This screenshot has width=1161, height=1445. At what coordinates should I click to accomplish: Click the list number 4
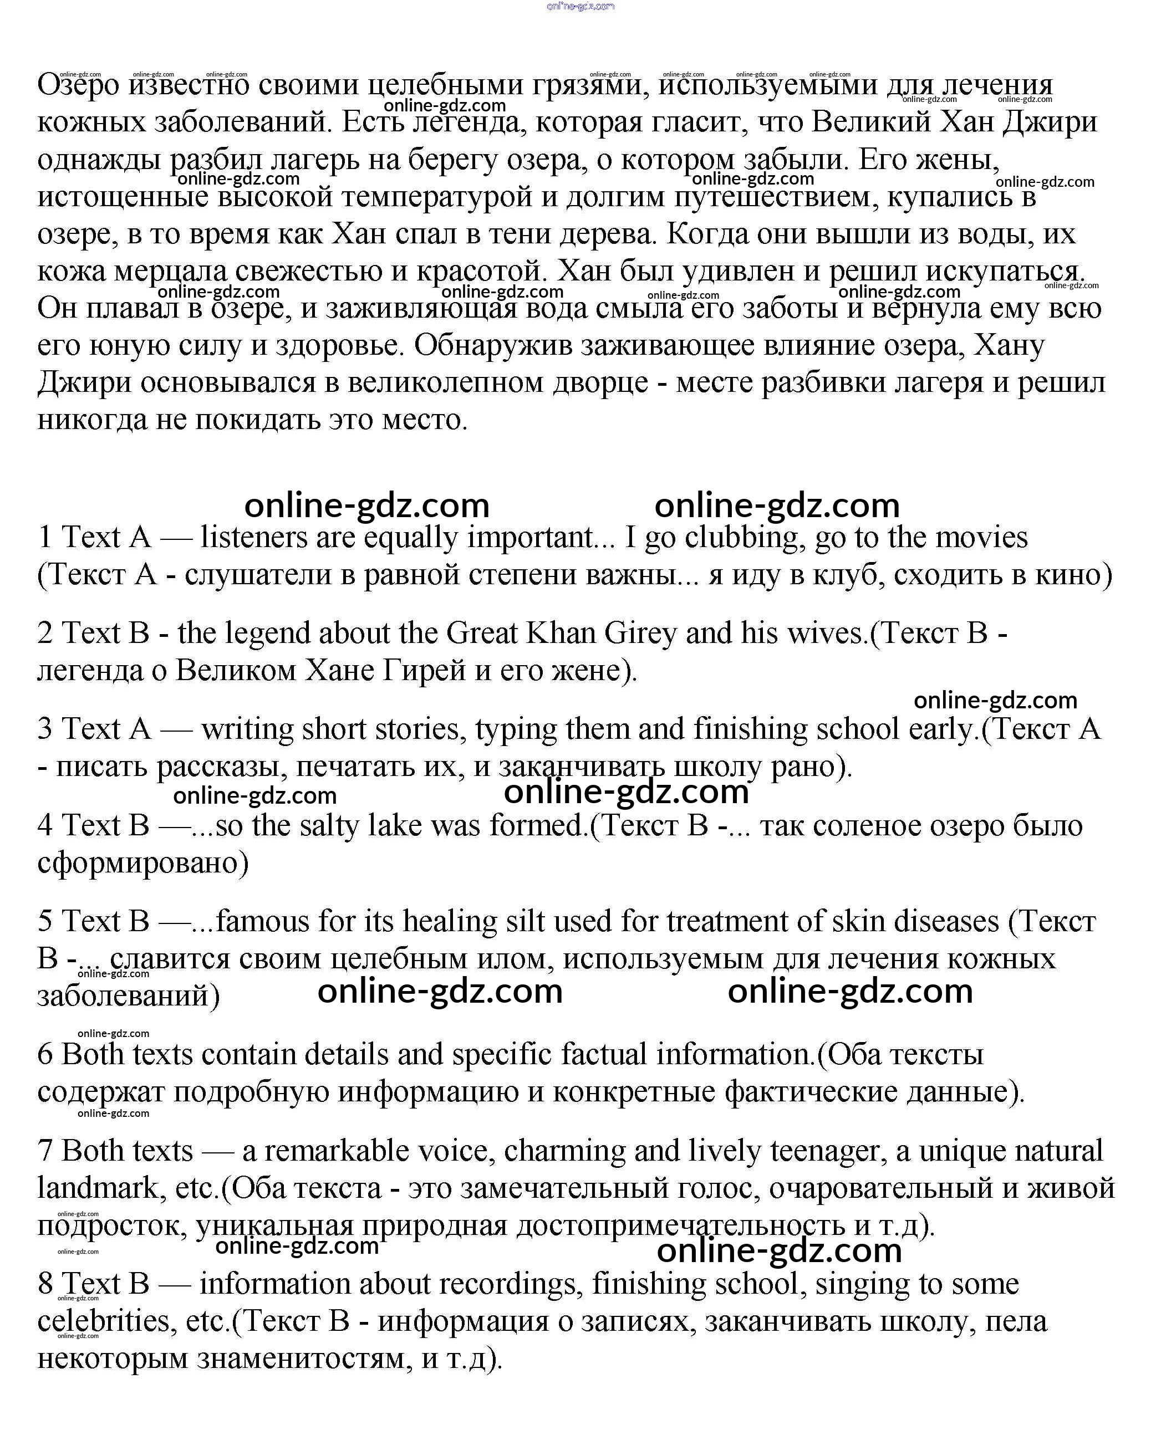click(45, 826)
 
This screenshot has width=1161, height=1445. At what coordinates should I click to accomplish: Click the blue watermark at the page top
click(580, 6)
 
